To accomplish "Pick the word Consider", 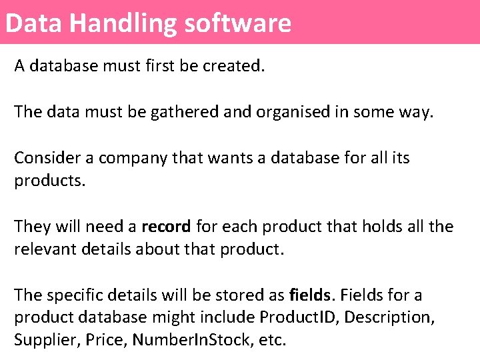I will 43,158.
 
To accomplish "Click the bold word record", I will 166,226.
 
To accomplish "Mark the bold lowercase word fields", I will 309,295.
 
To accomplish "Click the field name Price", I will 101,340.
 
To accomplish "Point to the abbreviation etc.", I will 271,340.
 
